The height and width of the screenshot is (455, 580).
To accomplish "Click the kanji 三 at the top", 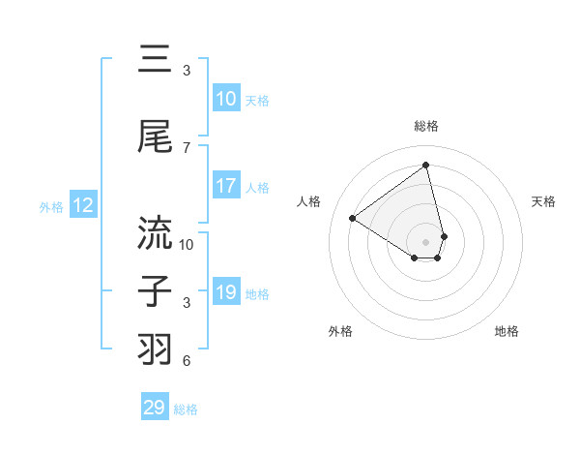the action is coord(155,60).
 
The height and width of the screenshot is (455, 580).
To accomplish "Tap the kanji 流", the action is coord(155,233).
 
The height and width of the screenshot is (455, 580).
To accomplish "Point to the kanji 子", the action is coord(155,291).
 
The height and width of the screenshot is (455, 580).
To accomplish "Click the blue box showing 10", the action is coord(226,99).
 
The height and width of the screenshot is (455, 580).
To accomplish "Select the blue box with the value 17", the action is coord(226,186).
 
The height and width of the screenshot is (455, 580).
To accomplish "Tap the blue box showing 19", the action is coord(226,292).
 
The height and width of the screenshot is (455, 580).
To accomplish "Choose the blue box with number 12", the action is coord(82,205).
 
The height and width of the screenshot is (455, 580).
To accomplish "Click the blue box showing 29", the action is coord(155,408).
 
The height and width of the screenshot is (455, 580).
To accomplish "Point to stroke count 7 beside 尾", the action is coord(187,148).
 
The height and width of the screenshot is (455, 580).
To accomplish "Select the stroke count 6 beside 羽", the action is coord(187,361).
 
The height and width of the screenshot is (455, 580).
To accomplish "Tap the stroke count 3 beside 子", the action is coord(187,303).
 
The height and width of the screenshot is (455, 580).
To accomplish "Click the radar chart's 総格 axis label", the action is coord(426,126).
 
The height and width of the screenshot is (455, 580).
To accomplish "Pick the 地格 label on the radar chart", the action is coord(507,331).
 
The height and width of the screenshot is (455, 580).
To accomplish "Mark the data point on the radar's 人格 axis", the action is coord(353,219).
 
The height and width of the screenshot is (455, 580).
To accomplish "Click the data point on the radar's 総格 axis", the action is coord(426,166).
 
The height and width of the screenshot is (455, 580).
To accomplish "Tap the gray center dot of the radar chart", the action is coord(426,241).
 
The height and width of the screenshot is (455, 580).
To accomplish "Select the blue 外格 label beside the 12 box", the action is coord(51,206).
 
